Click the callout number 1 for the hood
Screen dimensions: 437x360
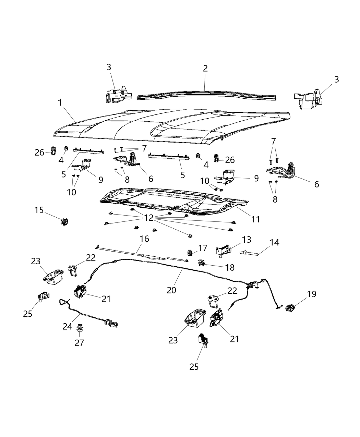(60, 102)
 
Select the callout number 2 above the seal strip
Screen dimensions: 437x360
(205, 68)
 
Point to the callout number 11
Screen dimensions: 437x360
(255, 219)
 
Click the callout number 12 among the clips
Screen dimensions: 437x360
(149, 218)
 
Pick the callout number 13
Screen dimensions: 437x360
(246, 239)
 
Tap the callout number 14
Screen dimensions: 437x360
(274, 242)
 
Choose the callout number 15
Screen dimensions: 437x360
(39, 210)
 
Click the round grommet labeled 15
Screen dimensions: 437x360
(64, 222)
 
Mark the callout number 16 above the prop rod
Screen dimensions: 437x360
(144, 239)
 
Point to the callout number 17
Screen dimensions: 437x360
(203, 247)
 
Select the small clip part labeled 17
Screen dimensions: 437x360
(190, 254)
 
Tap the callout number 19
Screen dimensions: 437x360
(311, 294)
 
